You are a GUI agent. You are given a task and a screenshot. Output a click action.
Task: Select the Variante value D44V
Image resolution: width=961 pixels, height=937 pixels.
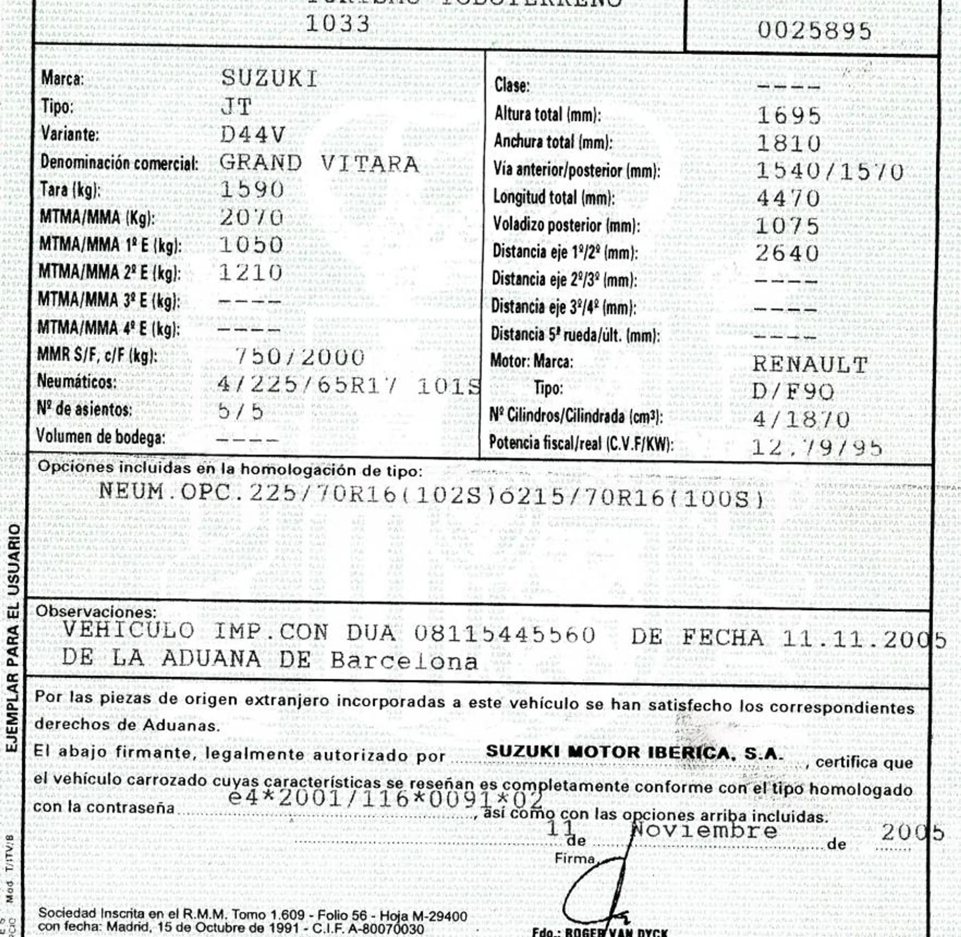252,135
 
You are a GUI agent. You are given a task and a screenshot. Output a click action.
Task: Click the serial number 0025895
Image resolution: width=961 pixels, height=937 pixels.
814,31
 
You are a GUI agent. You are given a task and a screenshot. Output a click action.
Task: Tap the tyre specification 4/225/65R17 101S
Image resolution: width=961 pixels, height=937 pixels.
348,387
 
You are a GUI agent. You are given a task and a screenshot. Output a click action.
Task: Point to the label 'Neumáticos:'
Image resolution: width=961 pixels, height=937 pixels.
77,382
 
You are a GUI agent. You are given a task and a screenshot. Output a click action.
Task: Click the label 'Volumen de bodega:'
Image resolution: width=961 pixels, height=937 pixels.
100,437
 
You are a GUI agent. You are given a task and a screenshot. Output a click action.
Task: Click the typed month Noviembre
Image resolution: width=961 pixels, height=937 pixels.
704,831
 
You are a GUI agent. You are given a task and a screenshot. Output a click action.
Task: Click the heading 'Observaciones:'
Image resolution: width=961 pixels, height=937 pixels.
96,612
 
